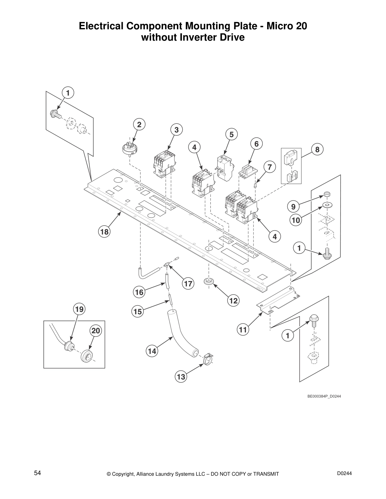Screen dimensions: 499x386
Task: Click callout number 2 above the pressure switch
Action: click(139, 124)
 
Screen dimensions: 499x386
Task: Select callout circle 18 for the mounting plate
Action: click(104, 232)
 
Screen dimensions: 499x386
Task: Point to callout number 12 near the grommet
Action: click(233, 301)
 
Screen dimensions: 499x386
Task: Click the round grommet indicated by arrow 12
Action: click(208, 281)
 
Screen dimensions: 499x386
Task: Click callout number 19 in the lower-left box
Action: click(79, 309)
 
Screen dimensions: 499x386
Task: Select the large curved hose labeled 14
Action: click(182, 334)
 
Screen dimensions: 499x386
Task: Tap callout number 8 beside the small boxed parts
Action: click(317, 150)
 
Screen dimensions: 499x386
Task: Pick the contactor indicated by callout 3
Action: click(163, 164)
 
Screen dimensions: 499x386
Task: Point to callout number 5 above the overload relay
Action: click(231, 135)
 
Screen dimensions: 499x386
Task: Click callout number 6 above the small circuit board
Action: click(256, 144)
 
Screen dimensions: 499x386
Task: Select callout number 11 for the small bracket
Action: click(243, 330)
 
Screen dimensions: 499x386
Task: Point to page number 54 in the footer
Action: click(38, 473)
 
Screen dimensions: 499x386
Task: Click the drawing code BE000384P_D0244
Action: click(324, 396)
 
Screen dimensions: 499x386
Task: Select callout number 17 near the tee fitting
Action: click(188, 284)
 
